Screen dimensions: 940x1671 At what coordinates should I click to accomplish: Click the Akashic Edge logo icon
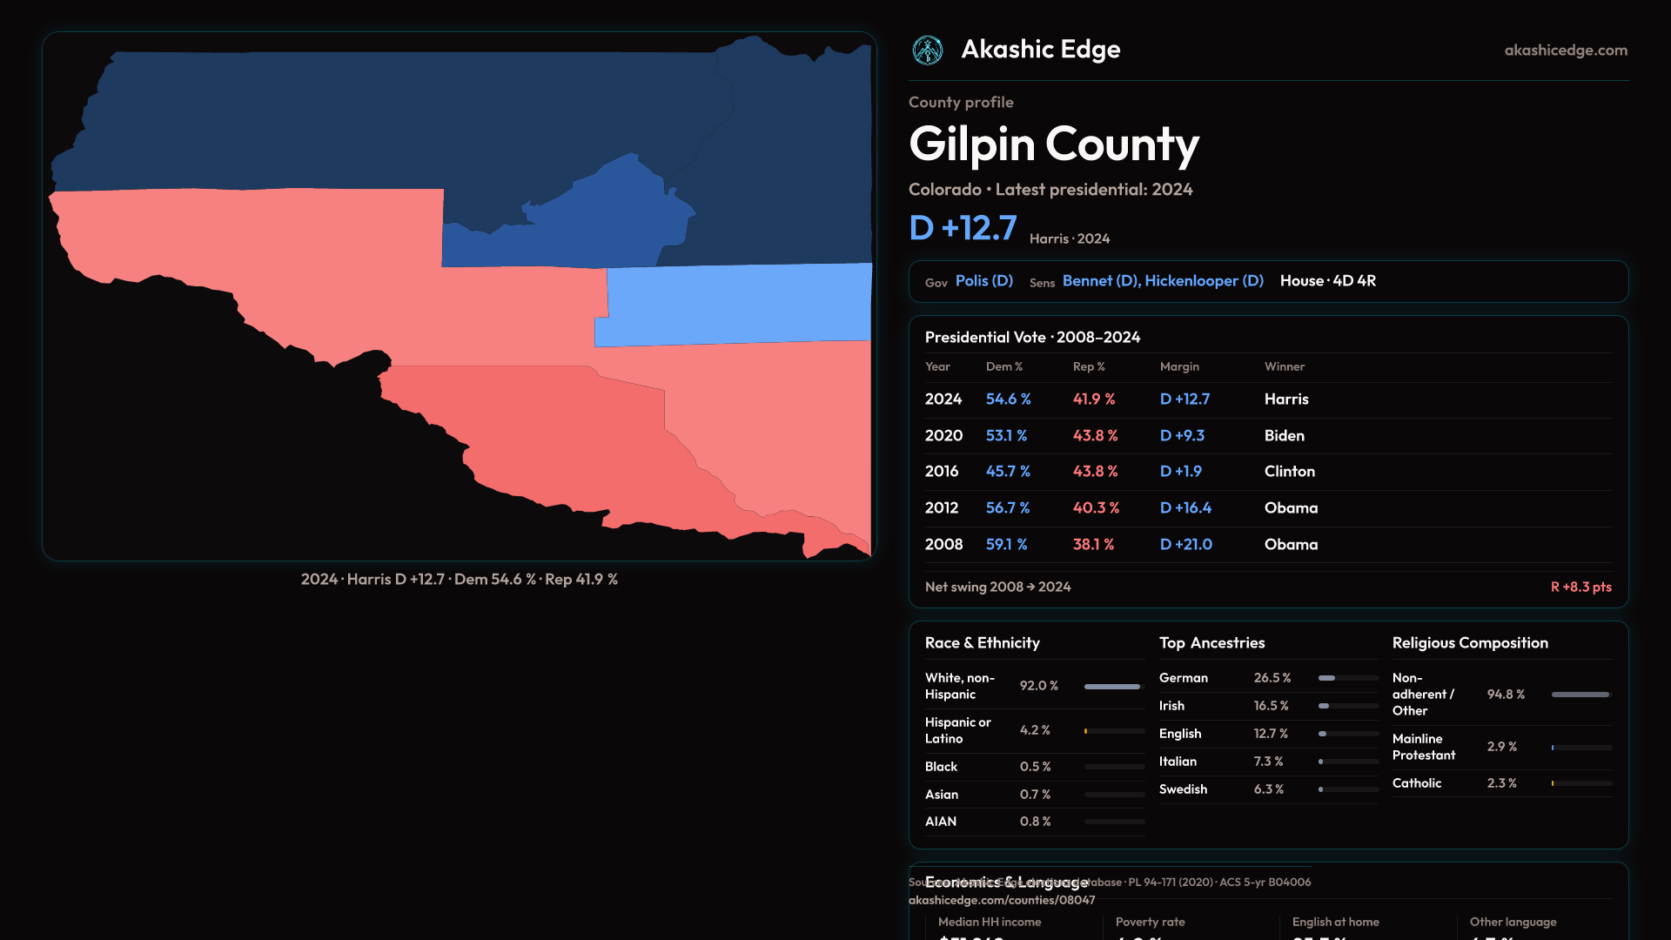point(927,50)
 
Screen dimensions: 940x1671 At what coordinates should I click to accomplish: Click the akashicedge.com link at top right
point(1566,50)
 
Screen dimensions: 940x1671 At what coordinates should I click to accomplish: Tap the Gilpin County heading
point(1053,144)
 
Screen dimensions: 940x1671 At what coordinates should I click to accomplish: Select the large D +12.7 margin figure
point(963,228)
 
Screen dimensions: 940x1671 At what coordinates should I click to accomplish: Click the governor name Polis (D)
point(983,281)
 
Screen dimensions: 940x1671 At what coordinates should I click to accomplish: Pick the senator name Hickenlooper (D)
point(1204,281)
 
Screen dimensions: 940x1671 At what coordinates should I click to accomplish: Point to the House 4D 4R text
point(1327,281)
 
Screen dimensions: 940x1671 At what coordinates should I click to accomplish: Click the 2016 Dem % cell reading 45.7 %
point(1008,472)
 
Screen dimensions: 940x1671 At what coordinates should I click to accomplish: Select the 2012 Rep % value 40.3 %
point(1096,508)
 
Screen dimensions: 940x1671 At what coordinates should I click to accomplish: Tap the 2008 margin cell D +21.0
point(1185,545)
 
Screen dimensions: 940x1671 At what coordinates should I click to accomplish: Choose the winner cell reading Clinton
point(1289,472)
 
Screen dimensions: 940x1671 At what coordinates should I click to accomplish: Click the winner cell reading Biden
point(1284,436)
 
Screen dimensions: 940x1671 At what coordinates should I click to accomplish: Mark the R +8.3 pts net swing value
point(1580,587)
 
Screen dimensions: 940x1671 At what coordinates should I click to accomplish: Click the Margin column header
point(1179,367)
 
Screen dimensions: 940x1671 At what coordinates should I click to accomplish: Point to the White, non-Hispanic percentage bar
point(1113,687)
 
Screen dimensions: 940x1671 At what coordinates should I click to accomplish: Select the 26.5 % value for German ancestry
point(1272,678)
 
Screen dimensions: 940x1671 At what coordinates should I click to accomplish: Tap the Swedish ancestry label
point(1183,789)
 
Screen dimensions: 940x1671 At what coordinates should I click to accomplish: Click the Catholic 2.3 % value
point(1501,783)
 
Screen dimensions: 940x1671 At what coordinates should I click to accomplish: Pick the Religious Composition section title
point(1470,643)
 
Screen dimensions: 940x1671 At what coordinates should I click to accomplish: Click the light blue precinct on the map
point(740,305)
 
